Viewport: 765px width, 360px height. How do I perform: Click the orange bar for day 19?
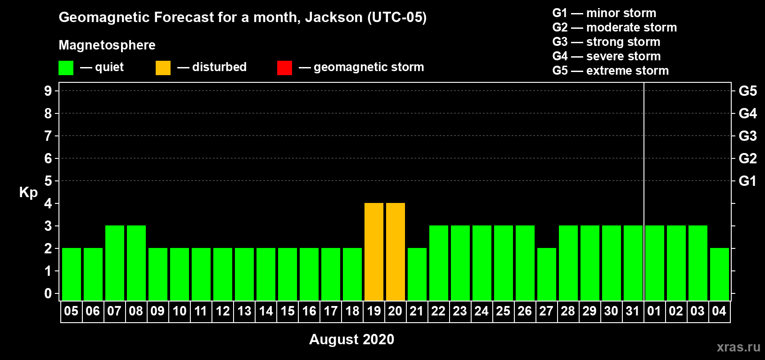pyautogui.click(x=374, y=252)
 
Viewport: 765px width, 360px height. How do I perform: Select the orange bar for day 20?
pyautogui.click(x=396, y=252)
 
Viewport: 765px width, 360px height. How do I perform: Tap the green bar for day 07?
pyautogui.click(x=115, y=263)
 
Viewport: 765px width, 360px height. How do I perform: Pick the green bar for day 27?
pyautogui.click(x=547, y=274)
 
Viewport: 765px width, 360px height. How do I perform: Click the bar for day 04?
pyautogui.click(x=720, y=274)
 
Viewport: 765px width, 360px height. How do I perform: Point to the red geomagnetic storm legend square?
pyautogui.click(x=285, y=67)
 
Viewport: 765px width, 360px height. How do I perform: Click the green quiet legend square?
pyautogui.click(x=66, y=67)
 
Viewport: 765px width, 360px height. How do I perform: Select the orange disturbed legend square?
pyautogui.click(x=163, y=67)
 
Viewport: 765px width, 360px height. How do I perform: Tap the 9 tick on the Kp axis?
pyautogui.click(x=48, y=91)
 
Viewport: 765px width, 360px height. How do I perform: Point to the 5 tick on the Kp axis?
pyautogui.click(x=48, y=181)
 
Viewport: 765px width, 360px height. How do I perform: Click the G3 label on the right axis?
pyautogui.click(x=747, y=136)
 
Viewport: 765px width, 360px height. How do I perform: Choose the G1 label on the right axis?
pyautogui.click(x=747, y=181)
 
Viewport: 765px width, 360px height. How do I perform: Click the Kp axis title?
pyautogui.click(x=28, y=193)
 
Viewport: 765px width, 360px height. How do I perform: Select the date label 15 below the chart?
pyautogui.click(x=288, y=311)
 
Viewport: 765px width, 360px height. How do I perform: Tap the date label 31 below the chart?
pyautogui.click(x=633, y=311)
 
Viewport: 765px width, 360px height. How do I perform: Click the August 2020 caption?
pyautogui.click(x=351, y=339)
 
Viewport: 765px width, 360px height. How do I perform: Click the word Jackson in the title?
pyautogui.click(x=333, y=17)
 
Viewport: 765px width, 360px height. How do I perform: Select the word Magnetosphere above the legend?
pyautogui.click(x=107, y=45)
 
